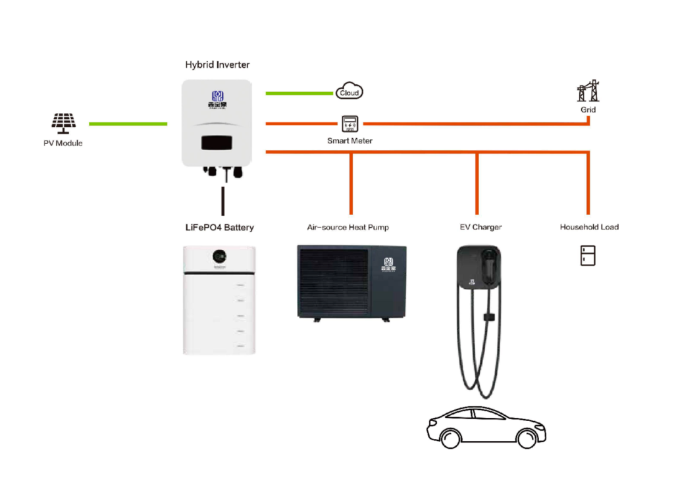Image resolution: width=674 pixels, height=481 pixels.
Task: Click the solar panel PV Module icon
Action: [x=64, y=122]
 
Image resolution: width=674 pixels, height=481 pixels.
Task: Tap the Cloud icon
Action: [x=349, y=92]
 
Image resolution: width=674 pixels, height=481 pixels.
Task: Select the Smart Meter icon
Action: [x=349, y=123]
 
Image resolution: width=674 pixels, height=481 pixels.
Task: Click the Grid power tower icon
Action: [x=588, y=91]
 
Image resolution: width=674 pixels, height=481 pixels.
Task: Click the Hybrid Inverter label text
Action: [x=217, y=65]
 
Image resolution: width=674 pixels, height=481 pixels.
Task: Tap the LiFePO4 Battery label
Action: [x=219, y=228]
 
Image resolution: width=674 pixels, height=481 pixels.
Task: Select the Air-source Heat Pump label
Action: [x=348, y=228]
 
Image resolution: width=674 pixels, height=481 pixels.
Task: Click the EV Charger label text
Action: [x=480, y=228]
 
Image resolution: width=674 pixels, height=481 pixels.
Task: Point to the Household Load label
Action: [x=589, y=228]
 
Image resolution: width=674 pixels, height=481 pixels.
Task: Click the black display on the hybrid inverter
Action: [x=217, y=142]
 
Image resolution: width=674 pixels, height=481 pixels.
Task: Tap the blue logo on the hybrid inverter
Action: [x=217, y=96]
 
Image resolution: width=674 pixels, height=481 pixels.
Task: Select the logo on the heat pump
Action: [x=388, y=263]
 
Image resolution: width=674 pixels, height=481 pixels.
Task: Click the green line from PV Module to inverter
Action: [x=128, y=124]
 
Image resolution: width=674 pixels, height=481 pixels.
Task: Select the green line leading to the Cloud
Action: [x=299, y=93]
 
